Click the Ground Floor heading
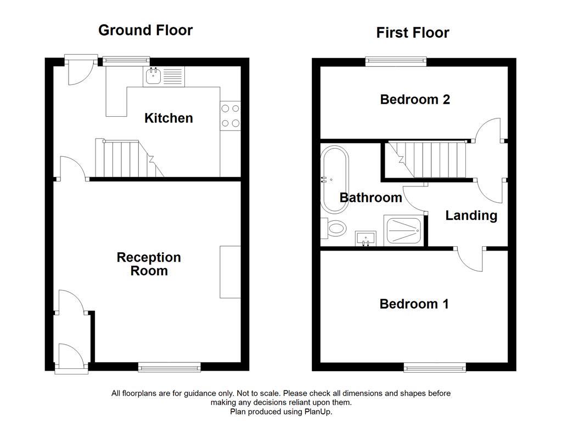point(145,30)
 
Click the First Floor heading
point(412,33)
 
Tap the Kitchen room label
point(168,118)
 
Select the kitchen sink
point(153,77)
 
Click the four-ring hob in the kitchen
point(231,116)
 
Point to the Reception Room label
point(149,264)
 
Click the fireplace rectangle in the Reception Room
point(230,272)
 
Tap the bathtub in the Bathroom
point(334,180)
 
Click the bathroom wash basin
point(365,239)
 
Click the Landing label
point(471,215)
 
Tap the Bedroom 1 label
point(414,304)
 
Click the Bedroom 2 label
point(415,99)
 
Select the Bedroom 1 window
point(435,367)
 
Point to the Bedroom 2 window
point(396,61)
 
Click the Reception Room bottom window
point(169,367)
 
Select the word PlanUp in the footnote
point(318,411)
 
